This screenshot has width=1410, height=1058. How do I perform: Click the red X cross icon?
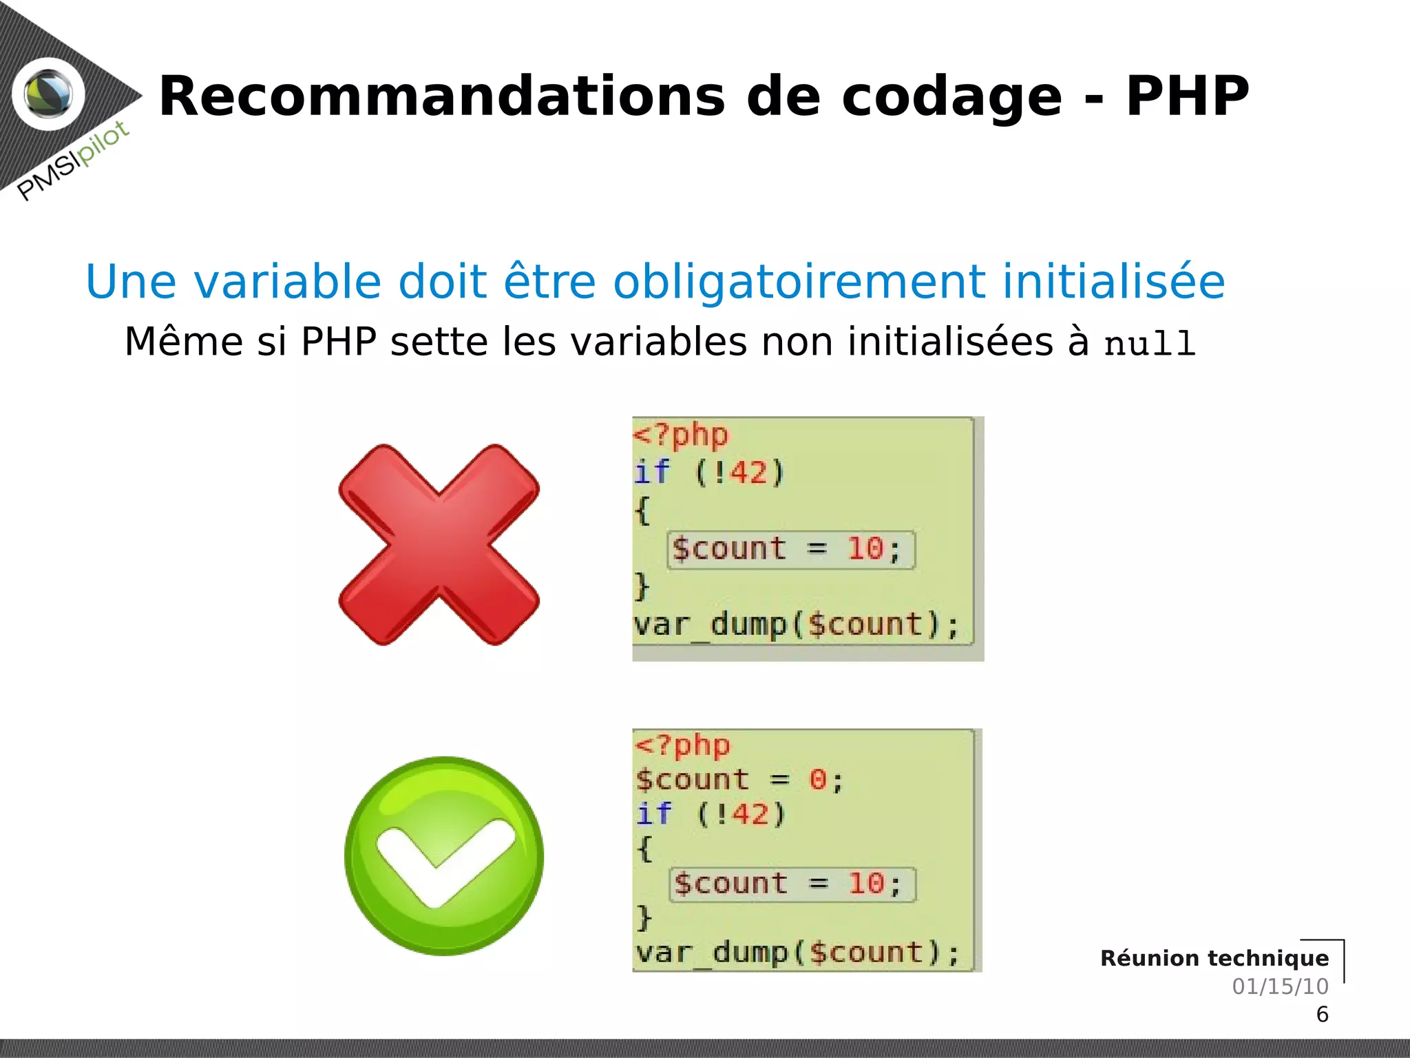click(439, 545)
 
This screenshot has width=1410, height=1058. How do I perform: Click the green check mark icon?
click(444, 856)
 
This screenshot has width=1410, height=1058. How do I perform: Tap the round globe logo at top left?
click(48, 94)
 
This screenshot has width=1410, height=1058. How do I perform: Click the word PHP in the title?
click(1187, 96)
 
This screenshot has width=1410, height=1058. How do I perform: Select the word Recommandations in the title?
click(441, 96)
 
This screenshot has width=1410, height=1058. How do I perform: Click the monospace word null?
click(1149, 344)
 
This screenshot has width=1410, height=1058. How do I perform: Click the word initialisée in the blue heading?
click(1113, 282)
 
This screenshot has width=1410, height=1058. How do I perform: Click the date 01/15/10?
click(1280, 986)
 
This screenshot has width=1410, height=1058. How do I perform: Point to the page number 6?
click(1322, 1015)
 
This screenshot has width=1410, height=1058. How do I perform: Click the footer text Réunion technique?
click(1214, 958)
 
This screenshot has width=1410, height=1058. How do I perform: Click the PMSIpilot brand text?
click(73, 160)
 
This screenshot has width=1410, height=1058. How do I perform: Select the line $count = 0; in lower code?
click(739, 780)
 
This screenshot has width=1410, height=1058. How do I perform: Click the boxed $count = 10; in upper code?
click(790, 550)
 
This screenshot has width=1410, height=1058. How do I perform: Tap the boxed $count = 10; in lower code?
click(792, 884)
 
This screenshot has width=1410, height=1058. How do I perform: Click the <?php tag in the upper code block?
click(680, 435)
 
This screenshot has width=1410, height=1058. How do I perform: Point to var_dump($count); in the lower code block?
click(797, 953)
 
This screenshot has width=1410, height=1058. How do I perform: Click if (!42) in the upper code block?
click(709, 473)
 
